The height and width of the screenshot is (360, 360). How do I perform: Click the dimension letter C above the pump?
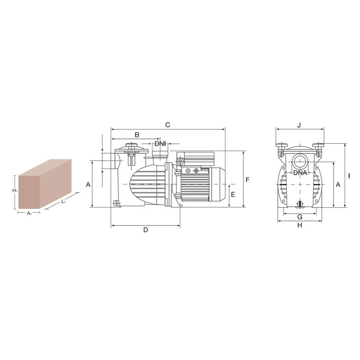[x=167, y=125]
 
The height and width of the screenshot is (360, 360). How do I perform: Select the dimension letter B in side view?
[x=137, y=135]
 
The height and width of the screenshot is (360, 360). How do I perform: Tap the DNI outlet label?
[x=160, y=144]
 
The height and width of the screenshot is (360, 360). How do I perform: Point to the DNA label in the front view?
[x=300, y=173]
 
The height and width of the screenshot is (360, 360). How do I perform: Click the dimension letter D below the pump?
[x=146, y=230]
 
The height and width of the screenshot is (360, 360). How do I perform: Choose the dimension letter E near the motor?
[x=233, y=194]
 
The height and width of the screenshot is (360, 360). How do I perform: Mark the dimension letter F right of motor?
[x=247, y=180]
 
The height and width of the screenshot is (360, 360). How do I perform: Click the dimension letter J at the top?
[x=299, y=125]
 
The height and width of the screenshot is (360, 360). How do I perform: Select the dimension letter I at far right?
[x=349, y=176]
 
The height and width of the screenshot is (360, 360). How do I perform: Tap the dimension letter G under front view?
[x=300, y=217]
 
